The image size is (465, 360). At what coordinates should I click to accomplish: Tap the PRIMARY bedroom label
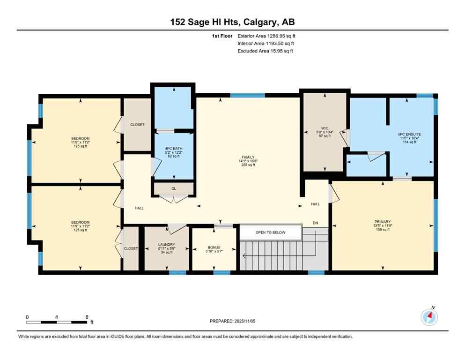[x=382, y=222]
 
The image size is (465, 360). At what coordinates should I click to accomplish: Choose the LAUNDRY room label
[x=166, y=244]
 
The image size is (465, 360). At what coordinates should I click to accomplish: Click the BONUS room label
[x=214, y=247]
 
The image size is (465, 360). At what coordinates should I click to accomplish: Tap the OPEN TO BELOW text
[x=269, y=232]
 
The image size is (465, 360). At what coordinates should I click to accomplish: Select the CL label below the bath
[x=173, y=189]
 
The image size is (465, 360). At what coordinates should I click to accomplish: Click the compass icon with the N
[x=429, y=317]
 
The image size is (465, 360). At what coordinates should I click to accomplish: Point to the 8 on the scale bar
[x=87, y=317]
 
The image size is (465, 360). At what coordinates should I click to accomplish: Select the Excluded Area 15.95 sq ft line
[x=265, y=51]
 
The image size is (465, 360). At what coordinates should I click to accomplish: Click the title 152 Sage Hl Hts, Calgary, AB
[x=232, y=22]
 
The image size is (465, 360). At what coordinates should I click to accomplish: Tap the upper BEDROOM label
[x=80, y=138]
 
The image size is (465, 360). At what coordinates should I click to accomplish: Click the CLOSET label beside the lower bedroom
[x=131, y=248]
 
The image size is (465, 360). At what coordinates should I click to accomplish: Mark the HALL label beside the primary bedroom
[x=316, y=204]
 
